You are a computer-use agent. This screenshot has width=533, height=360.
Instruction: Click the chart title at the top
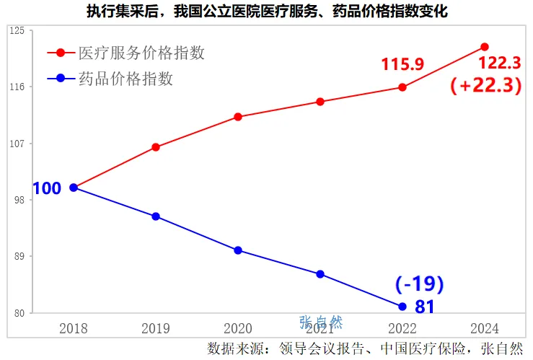pos(266,12)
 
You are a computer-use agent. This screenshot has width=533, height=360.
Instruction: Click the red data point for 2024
pos(484,47)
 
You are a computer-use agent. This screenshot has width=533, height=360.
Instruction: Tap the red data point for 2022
pos(402,87)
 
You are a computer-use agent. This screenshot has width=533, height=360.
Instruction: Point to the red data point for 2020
pos(238,117)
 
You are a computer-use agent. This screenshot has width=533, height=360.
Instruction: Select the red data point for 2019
pos(156,147)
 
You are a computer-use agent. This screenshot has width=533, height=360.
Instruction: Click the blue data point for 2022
pos(402,306)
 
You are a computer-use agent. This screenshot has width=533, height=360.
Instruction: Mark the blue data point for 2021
pos(320,274)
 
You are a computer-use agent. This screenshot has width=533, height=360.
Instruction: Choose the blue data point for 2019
pos(156,216)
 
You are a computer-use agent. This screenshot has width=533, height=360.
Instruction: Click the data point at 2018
pos(74,188)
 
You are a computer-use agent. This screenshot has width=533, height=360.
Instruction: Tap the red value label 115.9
pos(402,65)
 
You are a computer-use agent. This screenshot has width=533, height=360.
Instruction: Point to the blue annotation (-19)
pos(419,284)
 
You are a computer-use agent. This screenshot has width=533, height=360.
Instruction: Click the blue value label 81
pos(425,307)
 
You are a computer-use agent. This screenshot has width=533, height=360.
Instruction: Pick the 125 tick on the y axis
pos(18,30)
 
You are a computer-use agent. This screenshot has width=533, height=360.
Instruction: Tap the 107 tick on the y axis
pos(18,144)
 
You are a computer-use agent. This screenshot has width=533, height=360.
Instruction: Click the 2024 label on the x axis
pos(484,328)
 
